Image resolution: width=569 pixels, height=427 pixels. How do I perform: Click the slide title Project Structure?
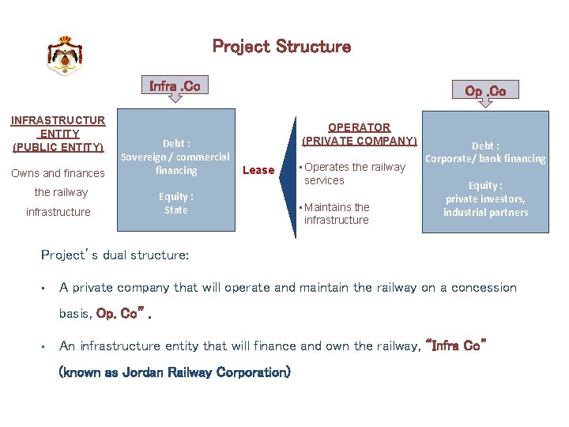coord(281,47)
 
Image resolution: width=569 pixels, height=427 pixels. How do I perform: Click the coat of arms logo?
coord(65,55)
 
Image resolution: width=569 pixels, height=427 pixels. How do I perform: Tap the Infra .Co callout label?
coord(175,85)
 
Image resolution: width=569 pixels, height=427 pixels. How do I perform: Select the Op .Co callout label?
coord(485,91)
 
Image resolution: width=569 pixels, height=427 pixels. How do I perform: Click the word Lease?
coord(258,170)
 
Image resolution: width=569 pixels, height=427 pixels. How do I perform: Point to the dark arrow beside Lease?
coord(281,171)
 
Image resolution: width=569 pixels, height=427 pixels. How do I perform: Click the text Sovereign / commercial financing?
coord(175,164)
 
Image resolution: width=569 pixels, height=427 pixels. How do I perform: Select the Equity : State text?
coord(175,203)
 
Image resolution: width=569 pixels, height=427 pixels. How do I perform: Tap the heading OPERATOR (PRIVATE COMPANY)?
coord(359,134)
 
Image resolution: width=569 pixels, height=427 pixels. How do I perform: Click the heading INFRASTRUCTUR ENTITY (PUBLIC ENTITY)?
coord(58,134)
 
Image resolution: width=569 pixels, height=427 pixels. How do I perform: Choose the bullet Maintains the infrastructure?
coord(337,213)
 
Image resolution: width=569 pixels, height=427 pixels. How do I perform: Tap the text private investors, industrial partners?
coord(485,206)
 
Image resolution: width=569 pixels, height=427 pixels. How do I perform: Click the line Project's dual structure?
coord(115,255)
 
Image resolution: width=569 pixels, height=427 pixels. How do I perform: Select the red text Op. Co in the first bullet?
coord(119,314)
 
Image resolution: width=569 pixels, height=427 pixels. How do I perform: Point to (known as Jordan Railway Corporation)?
coord(175,372)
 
